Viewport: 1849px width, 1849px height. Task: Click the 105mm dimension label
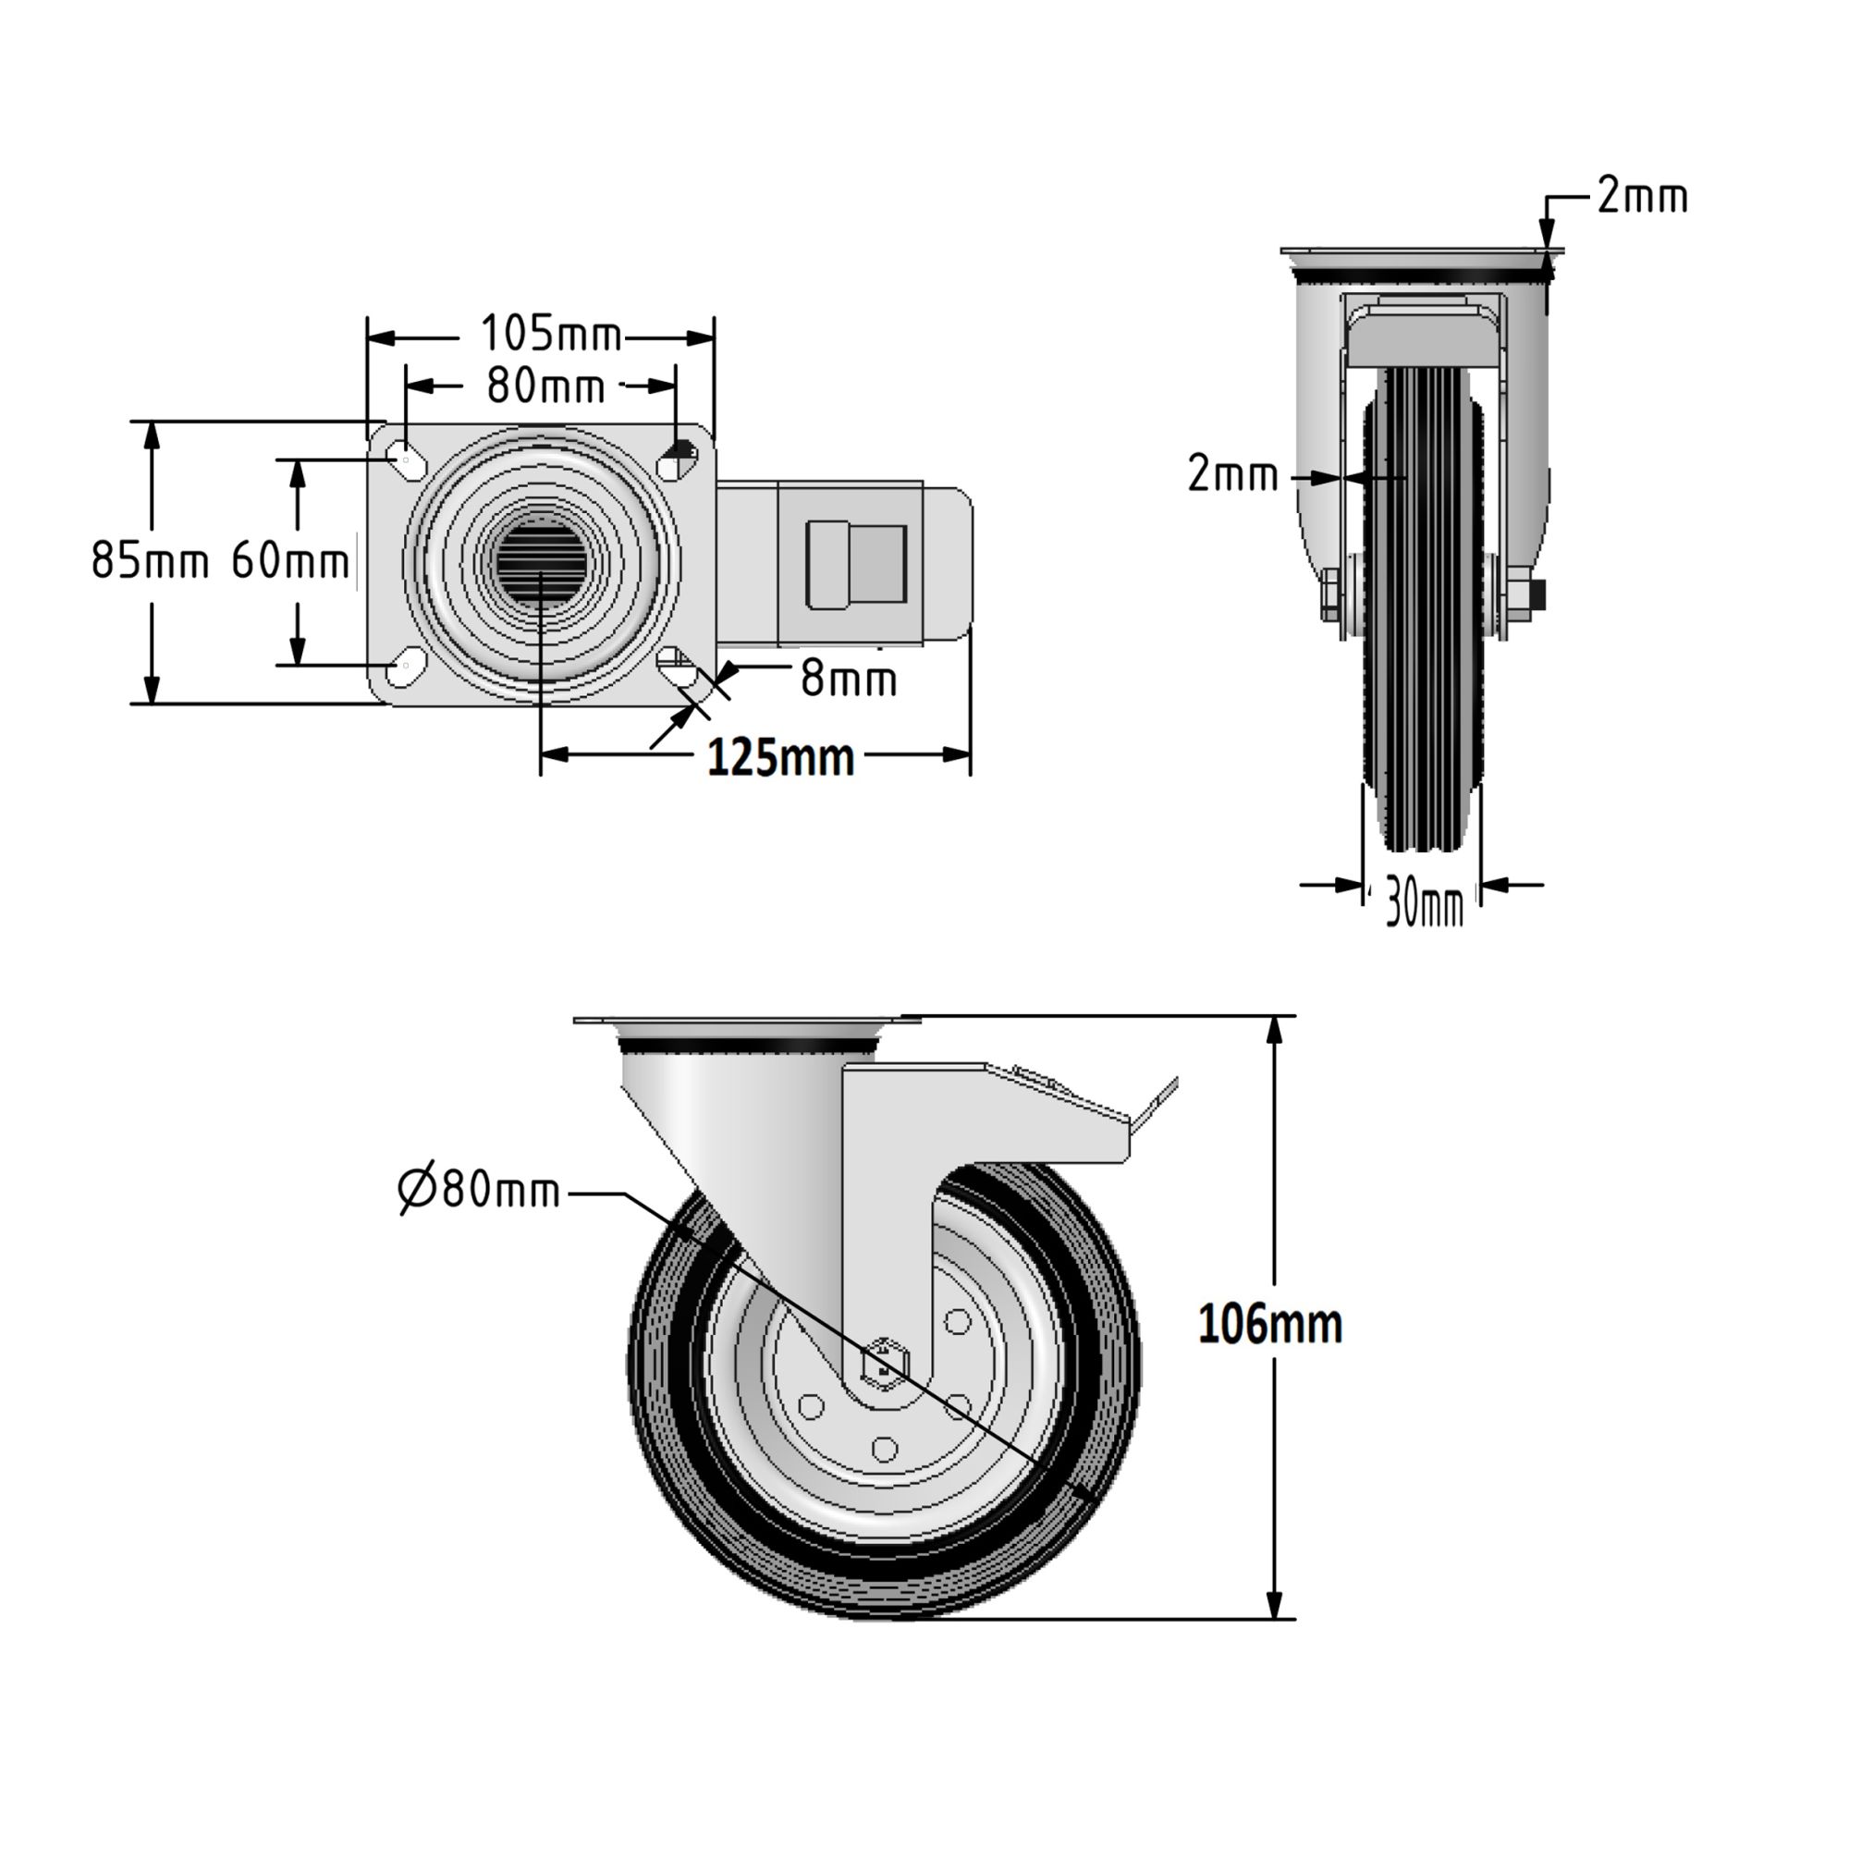pyautogui.click(x=550, y=334)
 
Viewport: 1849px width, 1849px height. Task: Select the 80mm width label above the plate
pyautogui.click(x=545, y=386)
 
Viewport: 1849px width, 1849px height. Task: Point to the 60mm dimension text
pyautogui.click(x=290, y=560)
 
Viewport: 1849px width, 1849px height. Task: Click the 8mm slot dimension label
pyautogui.click(x=848, y=679)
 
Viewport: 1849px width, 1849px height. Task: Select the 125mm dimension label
pyautogui.click(x=780, y=757)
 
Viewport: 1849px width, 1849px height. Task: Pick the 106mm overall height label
pyautogui.click(x=1269, y=1326)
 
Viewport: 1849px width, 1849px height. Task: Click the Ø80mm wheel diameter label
pyautogui.click(x=479, y=1190)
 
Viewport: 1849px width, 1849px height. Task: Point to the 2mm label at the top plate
pyautogui.click(x=1642, y=197)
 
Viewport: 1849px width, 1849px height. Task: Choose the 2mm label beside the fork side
pyautogui.click(x=1232, y=473)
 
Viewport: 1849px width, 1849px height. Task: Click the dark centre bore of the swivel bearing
pyautogui.click(x=541, y=564)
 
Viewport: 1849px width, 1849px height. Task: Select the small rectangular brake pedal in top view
pyautogui.click(x=857, y=566)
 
